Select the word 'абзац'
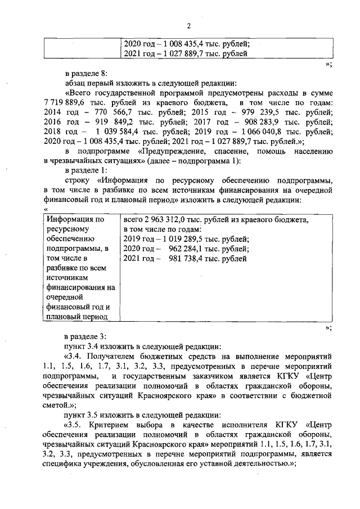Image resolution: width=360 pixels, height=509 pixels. [x=77, y=82]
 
